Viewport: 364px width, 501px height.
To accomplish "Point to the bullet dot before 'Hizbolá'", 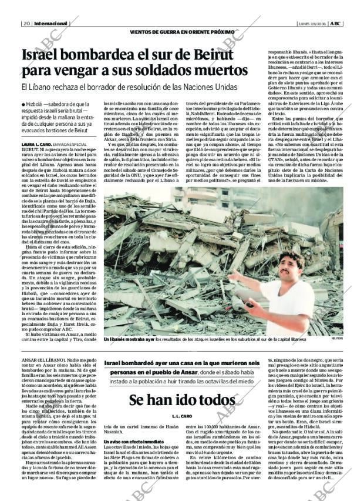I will click(x=23, y=104).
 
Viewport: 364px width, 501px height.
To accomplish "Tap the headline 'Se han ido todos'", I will click(x=181, y=401).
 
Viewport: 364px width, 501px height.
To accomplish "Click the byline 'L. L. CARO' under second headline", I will click(x=181, y=416).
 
